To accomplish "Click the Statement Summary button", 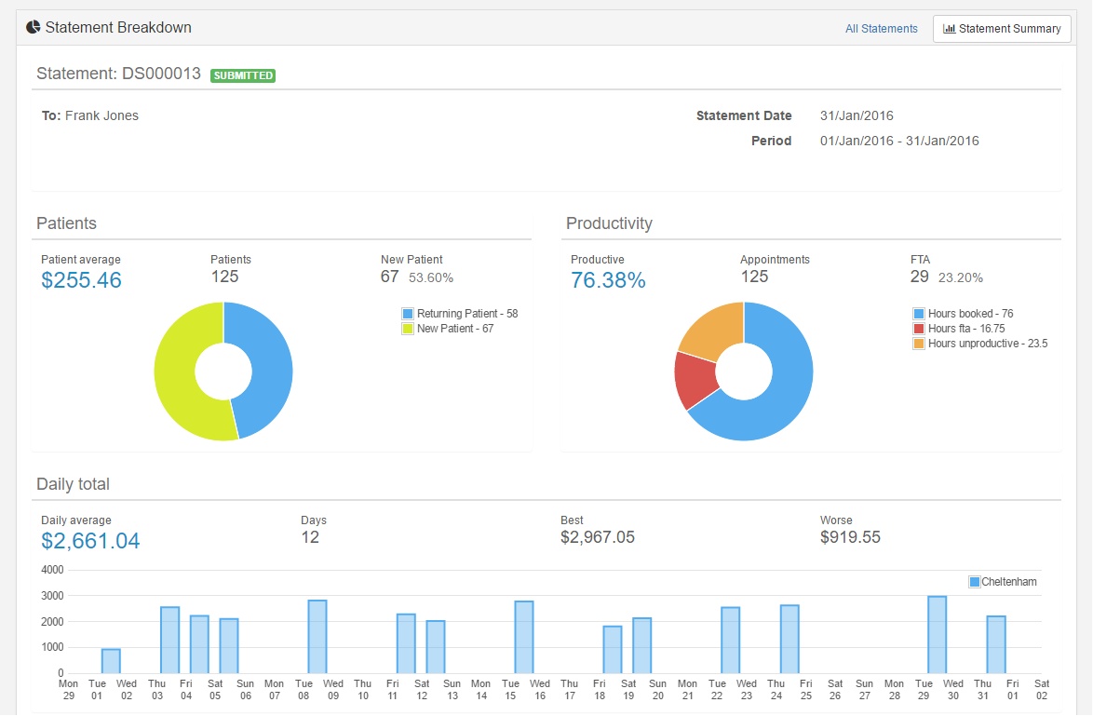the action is click(x=1002, y=29).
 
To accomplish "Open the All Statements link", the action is click(x=881, y=29).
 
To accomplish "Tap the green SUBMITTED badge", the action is click(x=243, y=75).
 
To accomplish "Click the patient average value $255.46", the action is click(x=82, y=280).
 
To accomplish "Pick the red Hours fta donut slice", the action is click(x=695, y=380).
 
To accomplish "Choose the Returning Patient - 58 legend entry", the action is click(x=460, y=314).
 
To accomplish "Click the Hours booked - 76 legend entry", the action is click(x=963, y=314).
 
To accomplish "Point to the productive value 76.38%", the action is click(x=609, y=280).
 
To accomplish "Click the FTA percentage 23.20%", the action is click(x=961, y=277).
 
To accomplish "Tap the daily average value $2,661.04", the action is click(x=90, y=541).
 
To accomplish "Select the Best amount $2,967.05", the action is click(x=598, y=537).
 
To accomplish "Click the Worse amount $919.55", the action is click(x=850, y=537).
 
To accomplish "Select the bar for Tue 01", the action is click(x=111, y=661).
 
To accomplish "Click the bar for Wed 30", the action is click(x=938, y=635).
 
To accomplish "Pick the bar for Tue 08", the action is click(x=317, y=637).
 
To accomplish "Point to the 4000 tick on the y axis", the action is click(x=52, y=570).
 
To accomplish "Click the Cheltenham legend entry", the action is click(x=1003, y=582).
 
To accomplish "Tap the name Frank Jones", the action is click(x=101, y=115).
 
